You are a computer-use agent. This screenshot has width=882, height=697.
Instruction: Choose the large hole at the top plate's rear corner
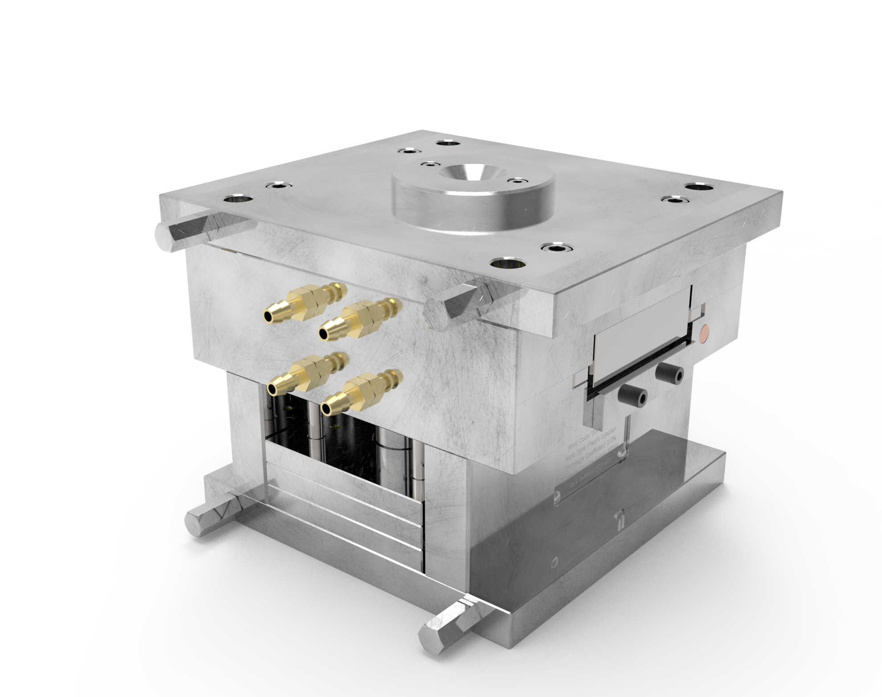coord(448,143)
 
